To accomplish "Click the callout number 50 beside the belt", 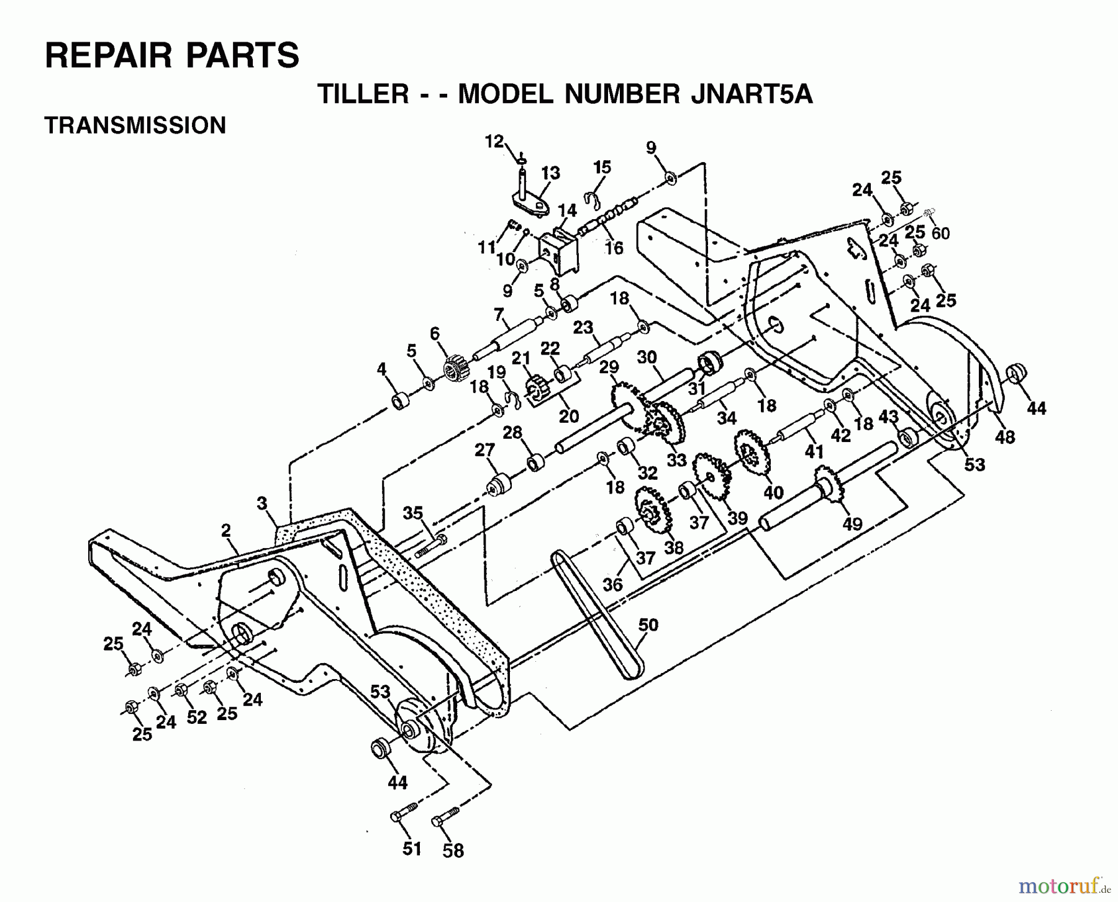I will (648, 624).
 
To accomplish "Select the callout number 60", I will (940, 233).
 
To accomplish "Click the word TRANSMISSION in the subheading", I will (135, 125).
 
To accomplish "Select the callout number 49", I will (852, 524).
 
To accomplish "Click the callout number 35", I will (412, 513).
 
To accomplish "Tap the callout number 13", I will (550, 173).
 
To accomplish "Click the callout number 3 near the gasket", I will (262, 503).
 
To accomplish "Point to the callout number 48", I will (1004, 437).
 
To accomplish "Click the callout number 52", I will (197, 717).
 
